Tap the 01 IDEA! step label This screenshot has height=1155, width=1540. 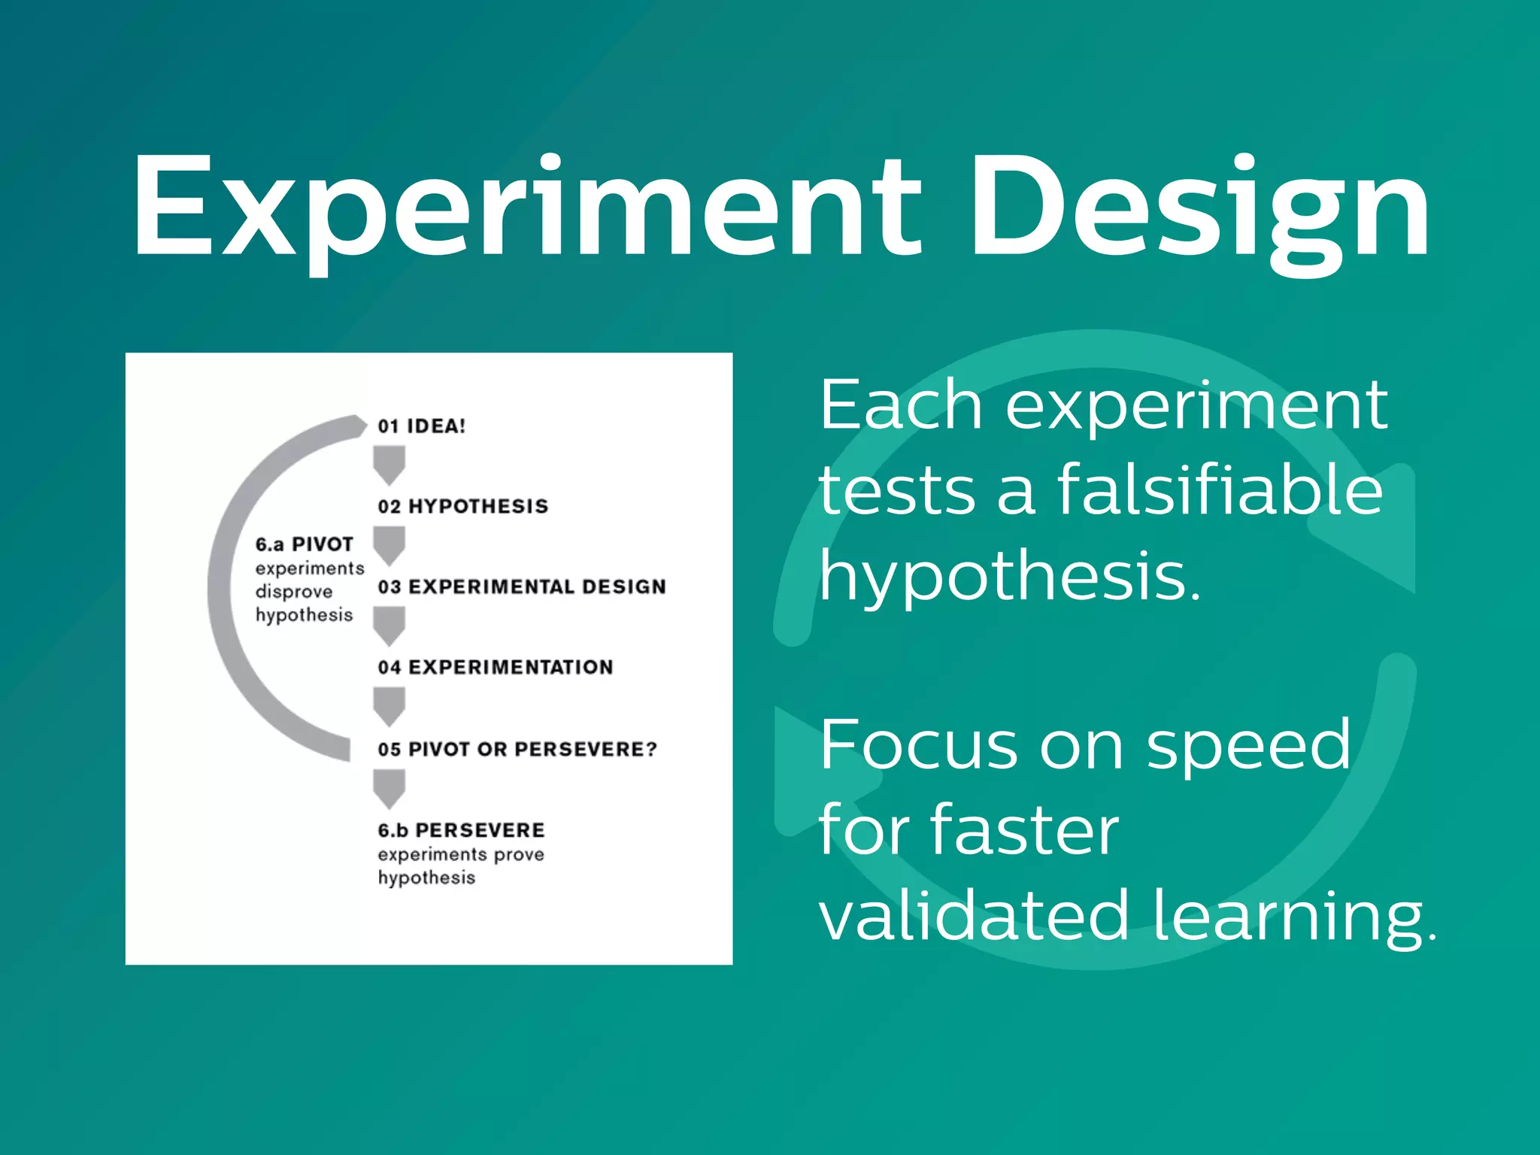422,426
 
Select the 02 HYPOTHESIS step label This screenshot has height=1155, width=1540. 463,506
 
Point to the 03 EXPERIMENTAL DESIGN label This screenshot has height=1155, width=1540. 522,587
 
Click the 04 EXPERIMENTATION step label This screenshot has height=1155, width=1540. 496,667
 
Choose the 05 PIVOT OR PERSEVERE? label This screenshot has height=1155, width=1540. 517,749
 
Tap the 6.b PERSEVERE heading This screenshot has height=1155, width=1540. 461,830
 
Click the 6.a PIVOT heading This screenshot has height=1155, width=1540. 304,544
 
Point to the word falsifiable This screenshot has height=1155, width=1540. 1220,490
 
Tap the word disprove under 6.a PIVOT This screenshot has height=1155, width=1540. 293,592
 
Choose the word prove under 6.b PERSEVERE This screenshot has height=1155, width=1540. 519,854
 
